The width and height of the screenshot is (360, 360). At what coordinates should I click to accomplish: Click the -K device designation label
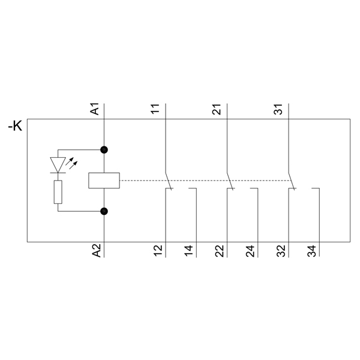click(15, 126)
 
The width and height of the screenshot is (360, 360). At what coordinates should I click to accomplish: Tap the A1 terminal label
click(95, 109)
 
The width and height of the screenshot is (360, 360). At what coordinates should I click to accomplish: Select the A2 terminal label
click(97, 250)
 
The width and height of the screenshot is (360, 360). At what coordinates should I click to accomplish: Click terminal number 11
click(155, 109)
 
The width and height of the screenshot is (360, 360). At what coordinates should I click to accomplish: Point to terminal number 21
click(217, 109)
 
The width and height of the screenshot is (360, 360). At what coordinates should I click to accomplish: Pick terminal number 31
click(278, 109)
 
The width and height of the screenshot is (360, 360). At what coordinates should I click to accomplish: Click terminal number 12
click(158, 251)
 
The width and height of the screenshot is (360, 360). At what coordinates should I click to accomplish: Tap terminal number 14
click(189, 251)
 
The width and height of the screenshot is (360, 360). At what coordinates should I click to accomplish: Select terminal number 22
click(220, 251)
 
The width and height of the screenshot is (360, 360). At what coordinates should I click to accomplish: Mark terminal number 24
click(250, 251)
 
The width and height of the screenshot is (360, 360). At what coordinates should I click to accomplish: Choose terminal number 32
click(281, 251)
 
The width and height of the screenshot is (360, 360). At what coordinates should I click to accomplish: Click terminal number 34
click(312, 251)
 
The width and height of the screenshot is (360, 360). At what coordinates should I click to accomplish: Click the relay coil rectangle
click(104, 181)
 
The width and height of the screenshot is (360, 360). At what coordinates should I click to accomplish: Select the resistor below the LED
click(58, 192)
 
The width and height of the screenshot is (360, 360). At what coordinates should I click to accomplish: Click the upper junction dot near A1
click(104, 150)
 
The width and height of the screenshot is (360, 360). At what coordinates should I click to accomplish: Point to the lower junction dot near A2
click(104, 211)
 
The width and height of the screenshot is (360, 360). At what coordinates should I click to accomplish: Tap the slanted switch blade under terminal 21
click(230, 181)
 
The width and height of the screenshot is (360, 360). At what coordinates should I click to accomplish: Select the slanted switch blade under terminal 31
click(292, 181)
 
